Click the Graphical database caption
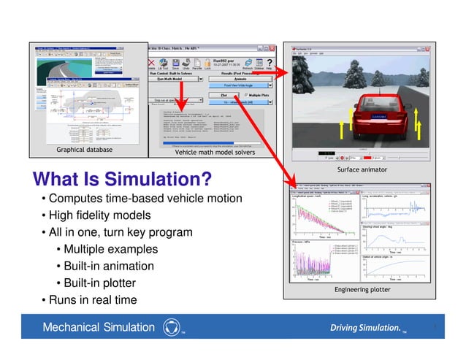click(x=85, y=150)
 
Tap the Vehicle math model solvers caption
click(x=214, y=152)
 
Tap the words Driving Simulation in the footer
click(x=365, y=327)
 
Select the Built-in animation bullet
click(x=110, y=266)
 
